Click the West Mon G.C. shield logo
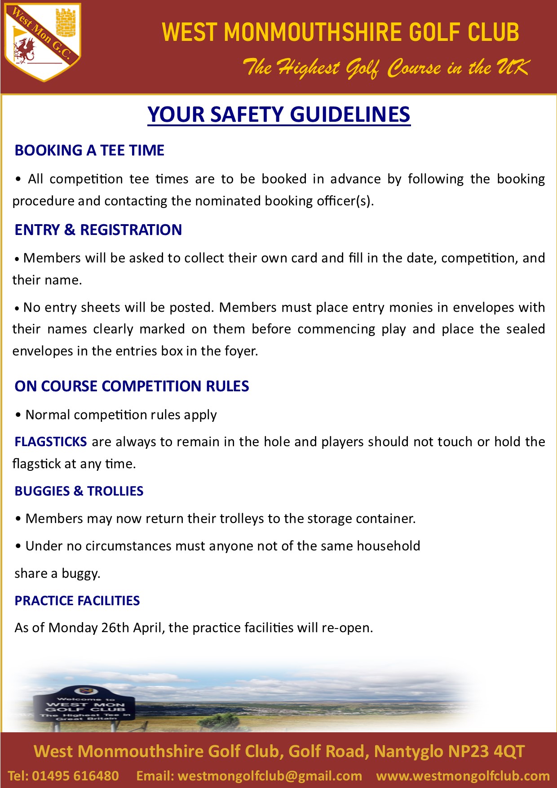(x=43, y=43)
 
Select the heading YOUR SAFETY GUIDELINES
(x=278, y=115)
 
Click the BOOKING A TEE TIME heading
(x=89, y=150)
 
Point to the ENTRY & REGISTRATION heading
(x=98, y=230)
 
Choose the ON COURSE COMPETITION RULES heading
(x=132, y=386)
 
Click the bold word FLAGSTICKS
(x=51, y=442)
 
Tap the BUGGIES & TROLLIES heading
(x=79, y=491)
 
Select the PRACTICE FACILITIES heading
(x=77, y=601)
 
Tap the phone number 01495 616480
(x=75, y=776)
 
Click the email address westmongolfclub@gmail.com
(x=270, y=776)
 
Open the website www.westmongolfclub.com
(x=463, y=776)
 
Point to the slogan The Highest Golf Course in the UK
(x=386, y=68)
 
